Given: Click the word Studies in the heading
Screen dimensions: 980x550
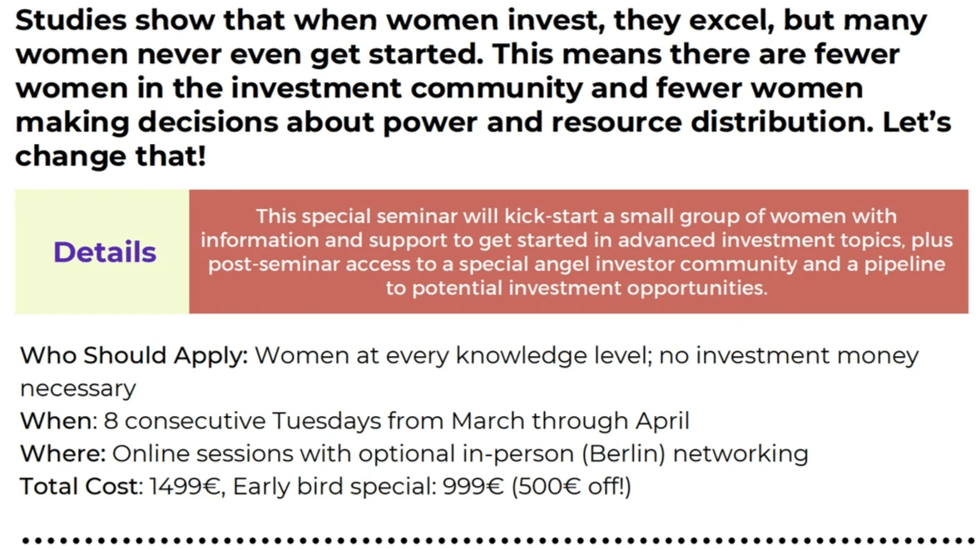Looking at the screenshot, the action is [x=71, y=21].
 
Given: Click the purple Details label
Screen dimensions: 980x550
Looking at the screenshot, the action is [x=105, y=252].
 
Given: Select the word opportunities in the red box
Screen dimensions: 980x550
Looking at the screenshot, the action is [x=696, y=289].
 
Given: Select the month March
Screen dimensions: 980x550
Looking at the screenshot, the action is [x=488, y=421].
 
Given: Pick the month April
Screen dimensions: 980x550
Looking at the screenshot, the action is [x=662, y=422].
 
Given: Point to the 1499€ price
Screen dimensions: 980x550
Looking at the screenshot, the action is [x=186, y=487].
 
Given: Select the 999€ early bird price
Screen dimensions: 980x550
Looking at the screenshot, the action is [x=473, y=486].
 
